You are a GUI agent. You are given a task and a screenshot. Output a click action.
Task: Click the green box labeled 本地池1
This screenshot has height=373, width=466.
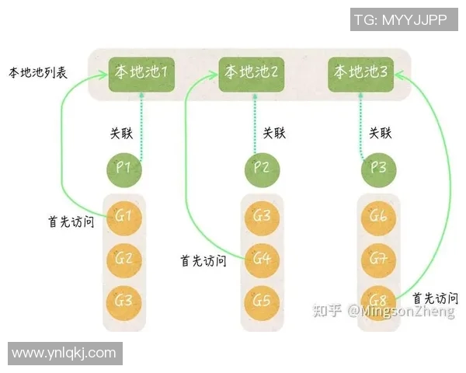[142, 72]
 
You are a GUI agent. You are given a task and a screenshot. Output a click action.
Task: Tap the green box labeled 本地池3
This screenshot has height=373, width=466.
[361, 72]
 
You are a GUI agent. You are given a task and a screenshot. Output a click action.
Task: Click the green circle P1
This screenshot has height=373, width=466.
[125, 168]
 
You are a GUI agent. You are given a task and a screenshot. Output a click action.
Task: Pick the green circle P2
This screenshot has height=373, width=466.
[262, 168]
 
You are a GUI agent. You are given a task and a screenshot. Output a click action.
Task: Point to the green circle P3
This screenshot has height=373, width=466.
[377, 168]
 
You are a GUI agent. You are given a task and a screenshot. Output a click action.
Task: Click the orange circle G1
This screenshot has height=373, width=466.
[125, 215]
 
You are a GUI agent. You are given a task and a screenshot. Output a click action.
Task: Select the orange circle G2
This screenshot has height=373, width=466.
[125, 257]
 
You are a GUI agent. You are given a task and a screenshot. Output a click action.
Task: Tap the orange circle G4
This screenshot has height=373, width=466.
[262, 257]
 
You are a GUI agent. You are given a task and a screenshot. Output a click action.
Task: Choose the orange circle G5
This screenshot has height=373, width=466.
[262, 300]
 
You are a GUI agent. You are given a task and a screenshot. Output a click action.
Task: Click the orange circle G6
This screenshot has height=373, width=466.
[378, 215]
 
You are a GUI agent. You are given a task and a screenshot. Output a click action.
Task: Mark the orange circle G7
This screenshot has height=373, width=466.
[378, 257]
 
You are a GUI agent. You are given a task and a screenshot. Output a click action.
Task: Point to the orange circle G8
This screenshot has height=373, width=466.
[378, 300]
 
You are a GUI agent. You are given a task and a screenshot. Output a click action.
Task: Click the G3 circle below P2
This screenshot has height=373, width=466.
[262, 215]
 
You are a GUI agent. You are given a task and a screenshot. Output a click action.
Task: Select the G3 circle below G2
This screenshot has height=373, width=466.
[125, 300]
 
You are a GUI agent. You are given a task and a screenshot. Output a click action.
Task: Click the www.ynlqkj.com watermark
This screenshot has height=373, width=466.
[64, 354]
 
